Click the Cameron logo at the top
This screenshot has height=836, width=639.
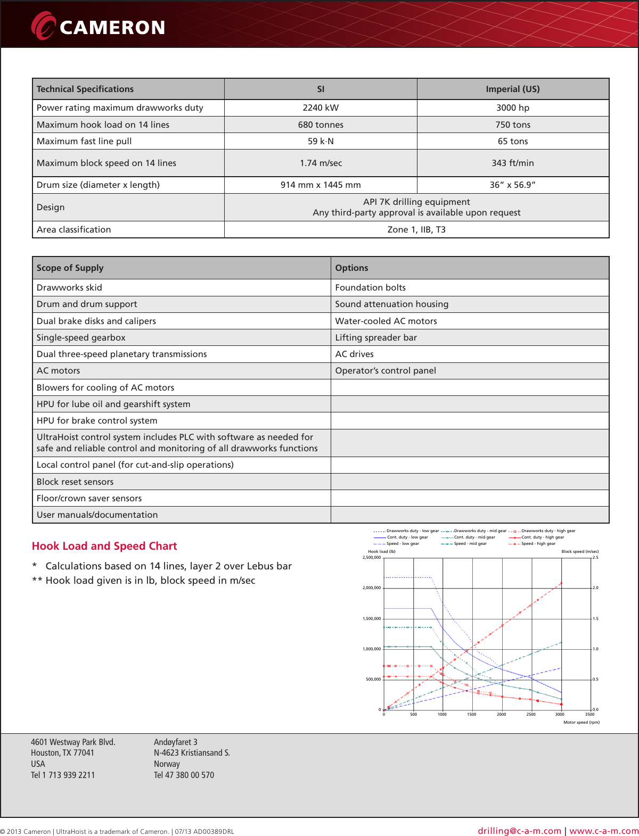[x=99, y=26]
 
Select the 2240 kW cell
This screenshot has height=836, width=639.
[x=321, y=107]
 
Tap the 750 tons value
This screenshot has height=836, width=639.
[x=512, y=125]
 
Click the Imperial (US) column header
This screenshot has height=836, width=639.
[x=512, y=89]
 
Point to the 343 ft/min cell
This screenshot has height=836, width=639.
[x=512, y=163]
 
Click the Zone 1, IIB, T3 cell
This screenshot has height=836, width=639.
[x=416, y=229]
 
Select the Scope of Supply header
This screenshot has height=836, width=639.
[x=70, y=268]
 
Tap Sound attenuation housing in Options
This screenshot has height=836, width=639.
[x=391, y=304]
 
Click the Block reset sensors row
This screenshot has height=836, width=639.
[x=75, y=482]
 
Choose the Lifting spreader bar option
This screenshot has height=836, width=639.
[x=376, y=337]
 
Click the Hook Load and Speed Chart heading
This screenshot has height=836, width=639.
[x=104, y=546]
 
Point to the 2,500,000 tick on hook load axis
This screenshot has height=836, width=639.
[x=372, y=558]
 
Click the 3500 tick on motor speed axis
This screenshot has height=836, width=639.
[x=589, y=715]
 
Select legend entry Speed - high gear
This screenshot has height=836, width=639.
[x=538, y=544]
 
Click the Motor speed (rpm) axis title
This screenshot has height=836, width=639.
[x=581, y=722]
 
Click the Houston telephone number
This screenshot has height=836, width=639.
[x=63, y=775]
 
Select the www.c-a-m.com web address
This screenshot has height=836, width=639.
[x=604, y=831]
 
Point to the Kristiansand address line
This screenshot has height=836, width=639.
[x=192, y=752]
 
